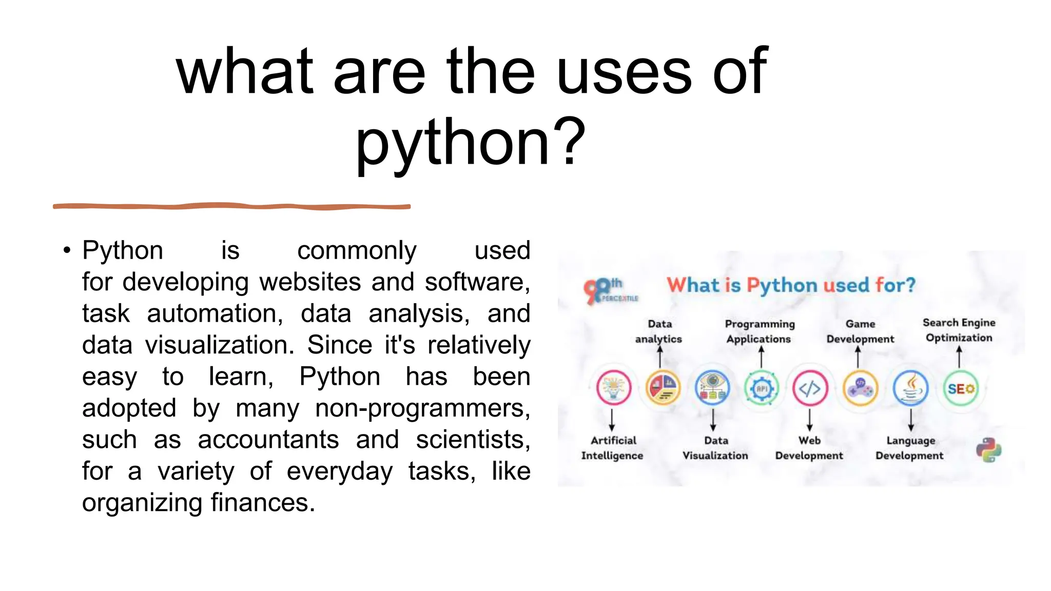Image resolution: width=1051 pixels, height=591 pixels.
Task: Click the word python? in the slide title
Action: coord(470,143)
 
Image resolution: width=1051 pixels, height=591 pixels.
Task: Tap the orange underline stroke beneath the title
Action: coord(231,206)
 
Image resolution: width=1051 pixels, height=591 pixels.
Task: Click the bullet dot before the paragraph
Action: coord(67,251)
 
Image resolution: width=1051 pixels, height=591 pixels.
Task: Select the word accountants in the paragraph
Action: coord(268,440)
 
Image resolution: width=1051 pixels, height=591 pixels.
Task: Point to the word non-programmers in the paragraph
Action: coord(422,408)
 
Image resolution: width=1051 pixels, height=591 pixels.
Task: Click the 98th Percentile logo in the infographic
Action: coord(609,291)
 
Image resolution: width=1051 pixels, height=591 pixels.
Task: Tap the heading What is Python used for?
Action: coord(791,285)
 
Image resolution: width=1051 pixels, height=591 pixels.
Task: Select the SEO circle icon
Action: coord(961,389)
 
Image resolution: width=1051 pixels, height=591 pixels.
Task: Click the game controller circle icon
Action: coord(860,388)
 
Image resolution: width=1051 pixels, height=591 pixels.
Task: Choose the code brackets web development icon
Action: coord(810,388)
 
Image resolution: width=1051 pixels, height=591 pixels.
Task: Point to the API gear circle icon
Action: coord(762,388)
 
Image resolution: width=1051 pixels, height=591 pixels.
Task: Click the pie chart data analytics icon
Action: coord(663,388)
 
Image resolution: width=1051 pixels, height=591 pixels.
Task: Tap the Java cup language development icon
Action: coord(910,388)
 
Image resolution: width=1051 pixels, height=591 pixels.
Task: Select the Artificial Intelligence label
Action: coord(612,448)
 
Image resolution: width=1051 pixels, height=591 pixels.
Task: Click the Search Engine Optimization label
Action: coord(959,330)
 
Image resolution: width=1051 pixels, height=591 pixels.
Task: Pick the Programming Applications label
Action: coord(760,331)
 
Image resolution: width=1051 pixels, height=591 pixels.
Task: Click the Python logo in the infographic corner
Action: coord(988,450)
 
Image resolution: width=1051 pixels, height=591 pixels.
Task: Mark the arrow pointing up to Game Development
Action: coord(858,357)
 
